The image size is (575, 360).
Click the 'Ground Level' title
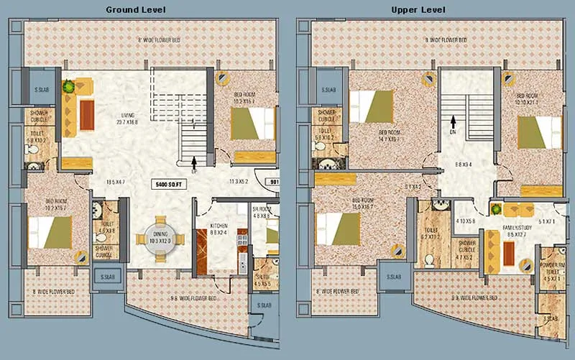136,9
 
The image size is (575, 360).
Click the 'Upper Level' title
418,9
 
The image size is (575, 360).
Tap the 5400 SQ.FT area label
170,185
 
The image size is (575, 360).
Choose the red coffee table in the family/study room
509,252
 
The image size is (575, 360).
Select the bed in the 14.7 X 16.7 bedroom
373,106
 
